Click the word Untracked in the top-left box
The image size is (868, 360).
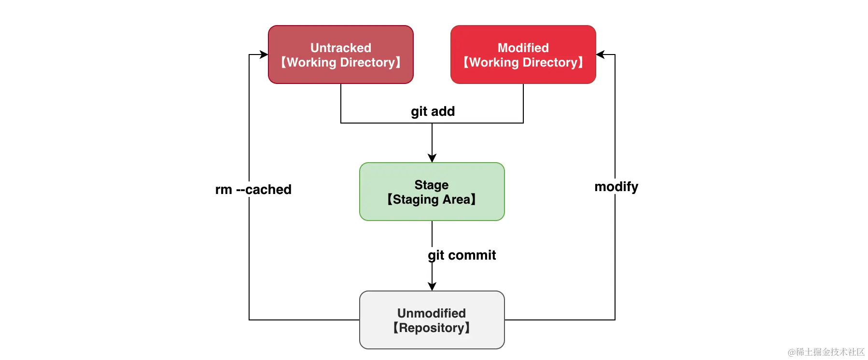(340, 48)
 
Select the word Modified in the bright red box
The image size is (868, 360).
(523, 48)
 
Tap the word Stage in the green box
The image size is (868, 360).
(431, 185)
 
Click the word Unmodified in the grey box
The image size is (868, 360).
(431, 313)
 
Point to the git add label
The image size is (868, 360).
(433, 111)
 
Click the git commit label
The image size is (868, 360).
(462, 255)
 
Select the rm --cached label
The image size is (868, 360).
(253, 190)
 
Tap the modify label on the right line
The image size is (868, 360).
(616, 187)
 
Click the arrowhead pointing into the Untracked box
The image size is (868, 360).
(264, 55)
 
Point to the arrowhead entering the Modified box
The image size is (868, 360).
(600, 55)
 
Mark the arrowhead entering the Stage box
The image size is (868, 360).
(432, 158)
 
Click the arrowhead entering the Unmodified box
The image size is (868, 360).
(432, 287)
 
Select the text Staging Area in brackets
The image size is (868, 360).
(431, 200)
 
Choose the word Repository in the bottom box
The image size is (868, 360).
(431, 328)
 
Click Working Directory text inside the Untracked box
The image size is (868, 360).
(340, 63)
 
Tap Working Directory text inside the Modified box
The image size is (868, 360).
(523, 63)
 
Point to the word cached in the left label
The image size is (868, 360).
(268, 190)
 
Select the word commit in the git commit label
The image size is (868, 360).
(472, 255)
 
